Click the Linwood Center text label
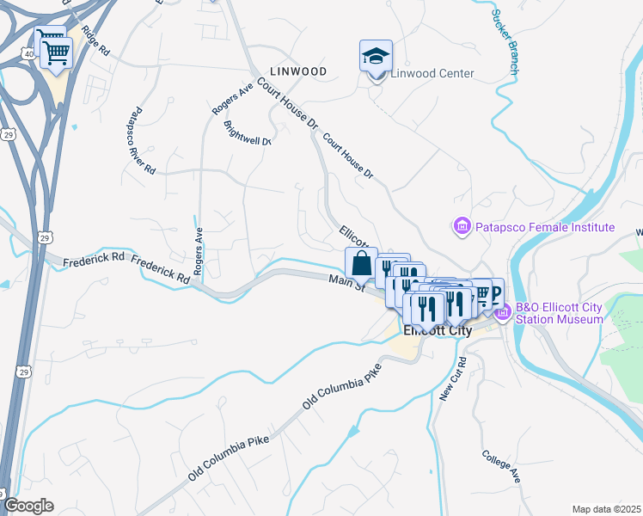point(432,73)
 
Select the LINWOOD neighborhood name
point(297,71)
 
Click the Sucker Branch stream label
point(504,41)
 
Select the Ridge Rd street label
point(96,40)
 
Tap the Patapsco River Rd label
point(141,142)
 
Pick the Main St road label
point(347,282)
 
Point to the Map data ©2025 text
point(605,509)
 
